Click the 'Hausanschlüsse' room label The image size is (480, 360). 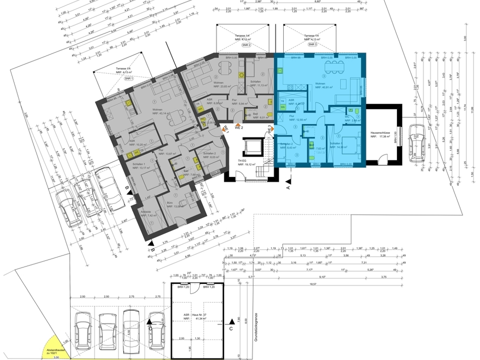[x=381, y=134]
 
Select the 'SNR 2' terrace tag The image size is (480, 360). [x=246, y=45]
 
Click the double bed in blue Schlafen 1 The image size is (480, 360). [x=349, y=146]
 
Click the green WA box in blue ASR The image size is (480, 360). [x=283, y=106]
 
